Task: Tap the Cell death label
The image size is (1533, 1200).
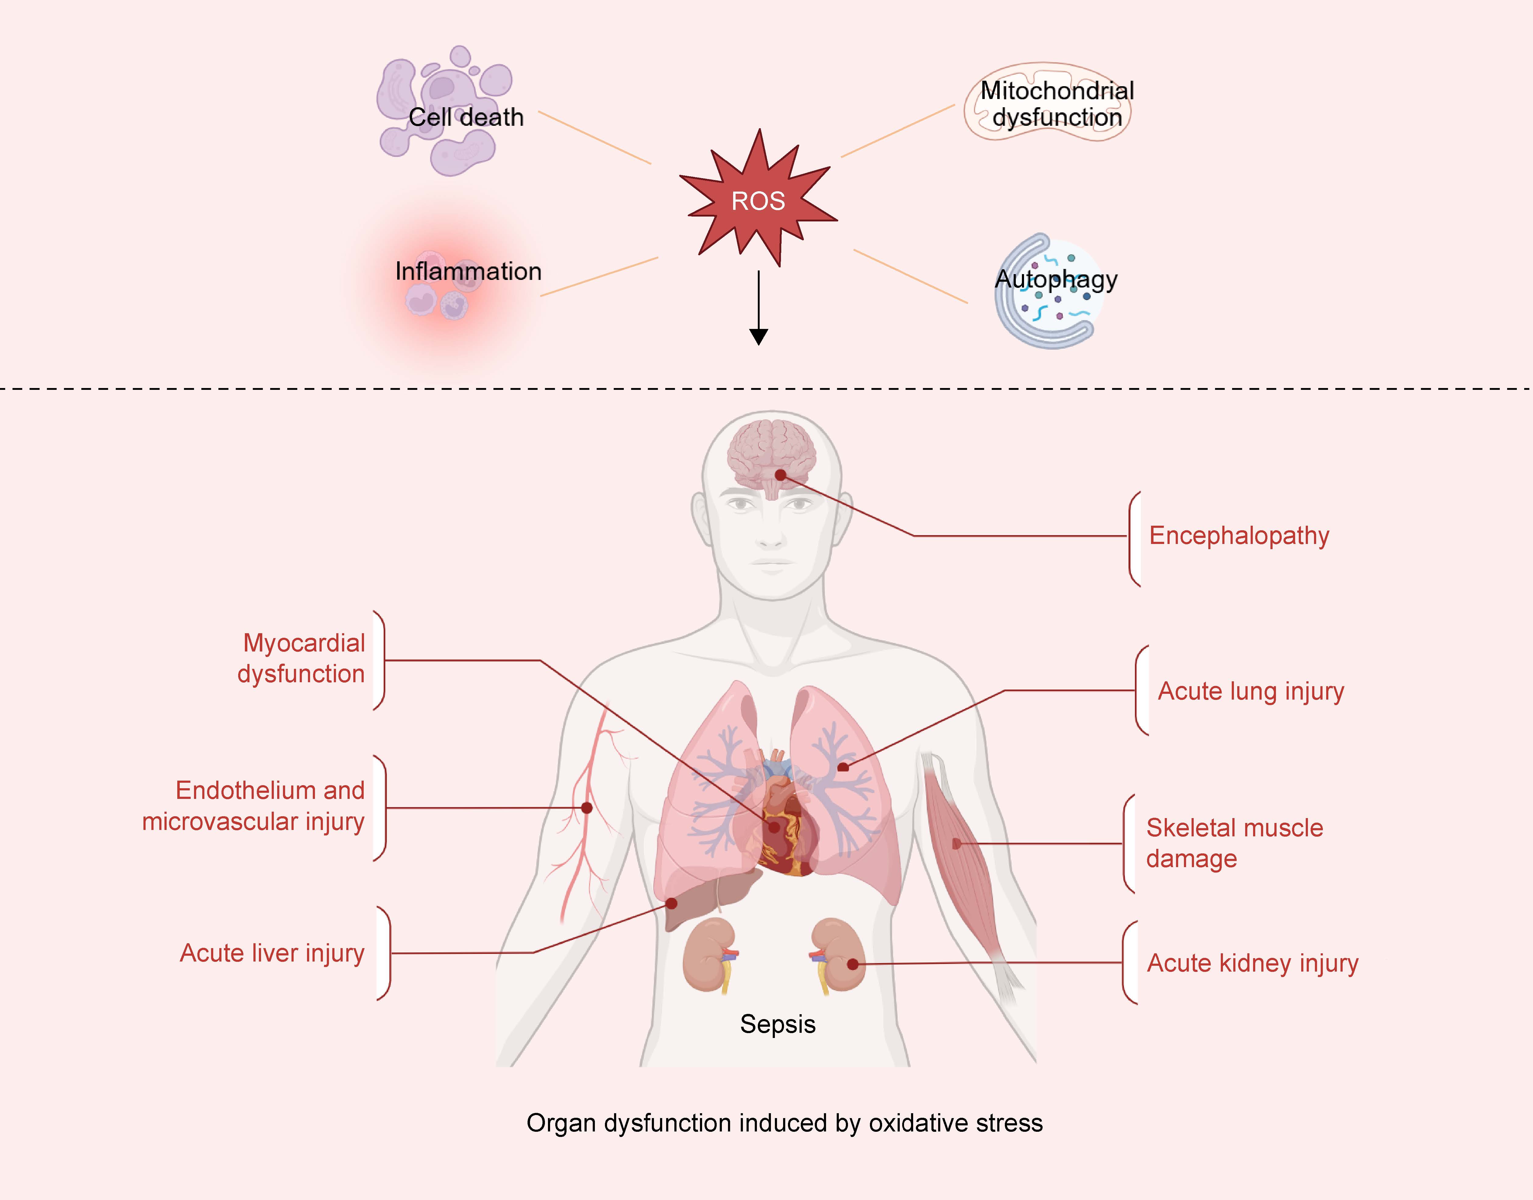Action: coord(466,117)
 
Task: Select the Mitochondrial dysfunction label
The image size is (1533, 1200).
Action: coord(1057,104)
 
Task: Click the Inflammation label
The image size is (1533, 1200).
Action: coord(468,271)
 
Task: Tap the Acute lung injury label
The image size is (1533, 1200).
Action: coord(1251,691)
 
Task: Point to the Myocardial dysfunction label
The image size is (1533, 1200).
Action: coord(302,658)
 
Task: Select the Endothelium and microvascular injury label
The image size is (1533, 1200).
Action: coord(254,806)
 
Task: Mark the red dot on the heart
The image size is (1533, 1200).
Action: coord(774,827)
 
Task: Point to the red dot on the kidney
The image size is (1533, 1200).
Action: coord(852,964)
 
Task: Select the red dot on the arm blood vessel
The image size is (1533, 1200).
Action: coord(587,808)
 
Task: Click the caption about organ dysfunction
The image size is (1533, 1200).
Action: coord(784,1123)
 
